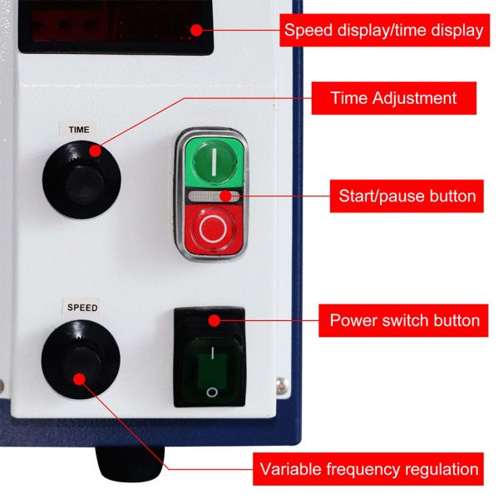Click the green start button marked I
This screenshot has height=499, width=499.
(x=214, y=161)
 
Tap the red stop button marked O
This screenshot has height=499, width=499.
(x=213, y=229)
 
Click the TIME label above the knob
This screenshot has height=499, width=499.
(x=79, y=130)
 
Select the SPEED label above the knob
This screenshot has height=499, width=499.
(x=82, y=308)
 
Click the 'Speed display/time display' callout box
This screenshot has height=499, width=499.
(x=383, y=31)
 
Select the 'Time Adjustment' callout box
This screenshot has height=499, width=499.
(x=393, y=98)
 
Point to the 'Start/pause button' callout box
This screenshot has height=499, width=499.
(x=407, y=197)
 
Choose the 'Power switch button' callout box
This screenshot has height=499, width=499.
(x=404, y=320)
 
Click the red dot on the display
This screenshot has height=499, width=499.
(x=197, y=31)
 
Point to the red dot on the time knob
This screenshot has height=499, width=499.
(x=95, y=151)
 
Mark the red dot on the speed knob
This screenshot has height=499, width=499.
(x=80, y=379)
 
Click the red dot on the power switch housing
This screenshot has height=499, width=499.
(x=213, y=319)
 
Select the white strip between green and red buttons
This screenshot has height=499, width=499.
(x=213, y=196)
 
